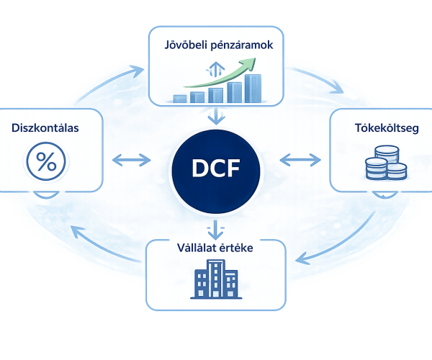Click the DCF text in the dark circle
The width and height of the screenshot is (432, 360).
(216, 168)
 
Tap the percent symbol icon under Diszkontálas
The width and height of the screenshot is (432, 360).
(46, 161)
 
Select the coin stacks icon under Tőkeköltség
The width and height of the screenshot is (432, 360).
(386, 163)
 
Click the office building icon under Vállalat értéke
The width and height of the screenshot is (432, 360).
(216, 279)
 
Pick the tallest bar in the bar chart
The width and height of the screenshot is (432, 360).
(253, 89)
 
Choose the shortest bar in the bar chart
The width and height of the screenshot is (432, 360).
(180, 99)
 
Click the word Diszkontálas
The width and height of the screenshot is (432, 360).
(45, 128)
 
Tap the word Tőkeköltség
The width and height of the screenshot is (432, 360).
(387, 128)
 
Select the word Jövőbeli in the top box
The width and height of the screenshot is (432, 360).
(186, 45)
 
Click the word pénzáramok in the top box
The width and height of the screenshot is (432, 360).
(242, 45)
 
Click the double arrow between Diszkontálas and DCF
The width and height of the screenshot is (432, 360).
(132, 160)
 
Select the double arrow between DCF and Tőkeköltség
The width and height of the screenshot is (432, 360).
(300, 160)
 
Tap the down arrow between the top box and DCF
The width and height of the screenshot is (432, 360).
(216, 116)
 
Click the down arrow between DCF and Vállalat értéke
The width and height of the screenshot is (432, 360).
(215, 230)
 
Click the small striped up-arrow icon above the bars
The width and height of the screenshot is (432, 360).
(215, 69)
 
